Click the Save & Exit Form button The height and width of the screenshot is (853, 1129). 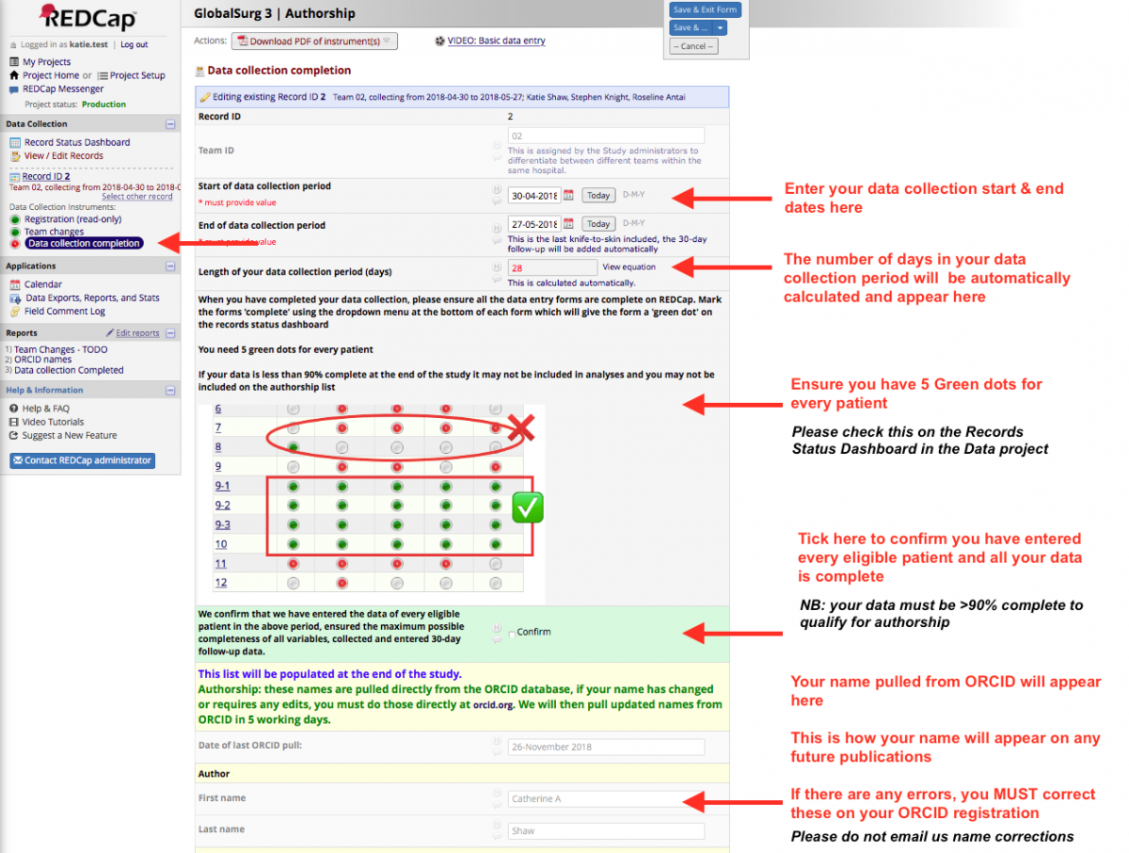pos(705,9)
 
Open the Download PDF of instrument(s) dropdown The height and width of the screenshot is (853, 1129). pos(317,41)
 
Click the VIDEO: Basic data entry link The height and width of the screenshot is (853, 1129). pos(496,41)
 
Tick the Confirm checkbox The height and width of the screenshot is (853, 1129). pos(512,634)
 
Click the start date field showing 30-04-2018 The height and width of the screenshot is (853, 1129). pos(533,196)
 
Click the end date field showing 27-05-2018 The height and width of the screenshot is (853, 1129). pos(533,224)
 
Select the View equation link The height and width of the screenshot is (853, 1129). pos(628,267)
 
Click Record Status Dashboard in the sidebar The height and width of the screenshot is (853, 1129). pos(77,142)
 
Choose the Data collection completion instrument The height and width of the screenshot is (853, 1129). pos(84,244)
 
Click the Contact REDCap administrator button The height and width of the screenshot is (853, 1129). pos(83,460)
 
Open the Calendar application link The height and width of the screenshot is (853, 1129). pos(43,284)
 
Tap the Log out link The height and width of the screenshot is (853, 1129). pos(134,44)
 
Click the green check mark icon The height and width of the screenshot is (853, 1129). pos(528,508)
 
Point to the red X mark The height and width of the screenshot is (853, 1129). pos(521,430)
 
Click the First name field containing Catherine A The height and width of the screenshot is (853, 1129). pos(606,799)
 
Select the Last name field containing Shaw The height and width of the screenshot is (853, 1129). pos(606,831)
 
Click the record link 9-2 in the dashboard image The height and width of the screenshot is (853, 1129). pos(222,506)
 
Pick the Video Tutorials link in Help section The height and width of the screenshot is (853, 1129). pos(53,422)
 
